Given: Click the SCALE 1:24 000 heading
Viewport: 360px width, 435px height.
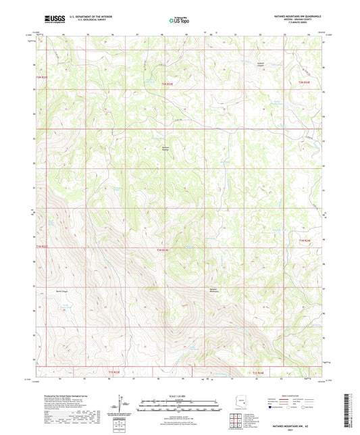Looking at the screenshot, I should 179,396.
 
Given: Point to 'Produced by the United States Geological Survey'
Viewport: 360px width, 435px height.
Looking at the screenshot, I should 61,396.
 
